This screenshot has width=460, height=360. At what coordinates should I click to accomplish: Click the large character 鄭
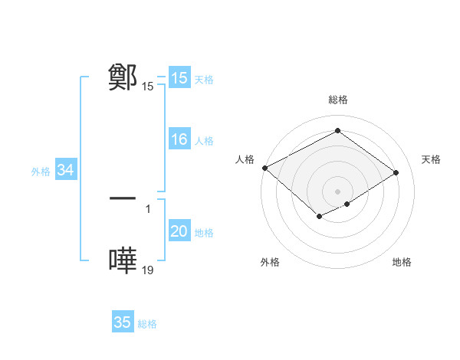point(123,77)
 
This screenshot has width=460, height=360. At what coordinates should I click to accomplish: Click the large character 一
point(123,198)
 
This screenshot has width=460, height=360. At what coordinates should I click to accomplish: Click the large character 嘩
point(123,260)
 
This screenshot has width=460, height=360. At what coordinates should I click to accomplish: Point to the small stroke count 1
point(148,208)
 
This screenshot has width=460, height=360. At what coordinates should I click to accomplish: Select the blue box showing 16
point(179,140)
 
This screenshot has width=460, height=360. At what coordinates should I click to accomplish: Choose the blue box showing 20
point(179,232)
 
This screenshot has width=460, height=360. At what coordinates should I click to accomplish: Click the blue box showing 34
point(65,171)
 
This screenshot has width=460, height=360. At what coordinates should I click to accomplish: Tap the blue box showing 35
point(123,322)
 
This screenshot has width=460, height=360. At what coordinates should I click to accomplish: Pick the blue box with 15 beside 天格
point(179,78)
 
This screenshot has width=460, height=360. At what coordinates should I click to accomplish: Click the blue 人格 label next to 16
point(204,141)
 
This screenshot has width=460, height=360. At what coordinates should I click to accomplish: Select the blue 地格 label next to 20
point(204,233)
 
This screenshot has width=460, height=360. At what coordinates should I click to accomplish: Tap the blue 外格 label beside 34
point(41,172)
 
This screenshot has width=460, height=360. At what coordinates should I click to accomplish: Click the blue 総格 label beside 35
point(147,323)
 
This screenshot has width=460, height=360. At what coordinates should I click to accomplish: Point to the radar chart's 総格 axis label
point(337,100)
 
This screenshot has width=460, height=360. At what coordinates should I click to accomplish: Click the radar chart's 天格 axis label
point(431,159)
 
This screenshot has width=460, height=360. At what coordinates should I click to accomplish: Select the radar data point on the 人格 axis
point(264,167)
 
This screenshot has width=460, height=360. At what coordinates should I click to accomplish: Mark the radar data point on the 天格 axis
point(396,172)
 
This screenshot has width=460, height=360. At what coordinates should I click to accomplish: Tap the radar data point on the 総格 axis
point(337,131)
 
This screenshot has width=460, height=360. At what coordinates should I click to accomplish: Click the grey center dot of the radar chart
point(337,191)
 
